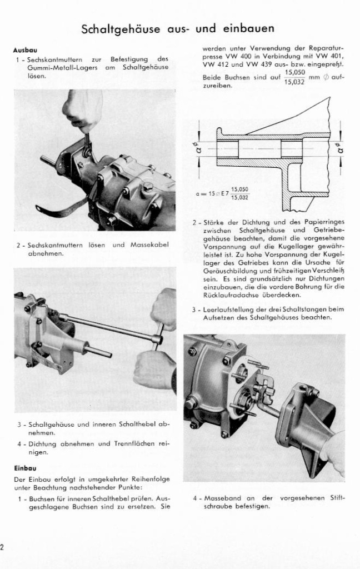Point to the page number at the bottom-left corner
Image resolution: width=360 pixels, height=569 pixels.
tap(2, 548)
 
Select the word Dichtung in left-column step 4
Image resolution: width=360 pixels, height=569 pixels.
tap(41, 444)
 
